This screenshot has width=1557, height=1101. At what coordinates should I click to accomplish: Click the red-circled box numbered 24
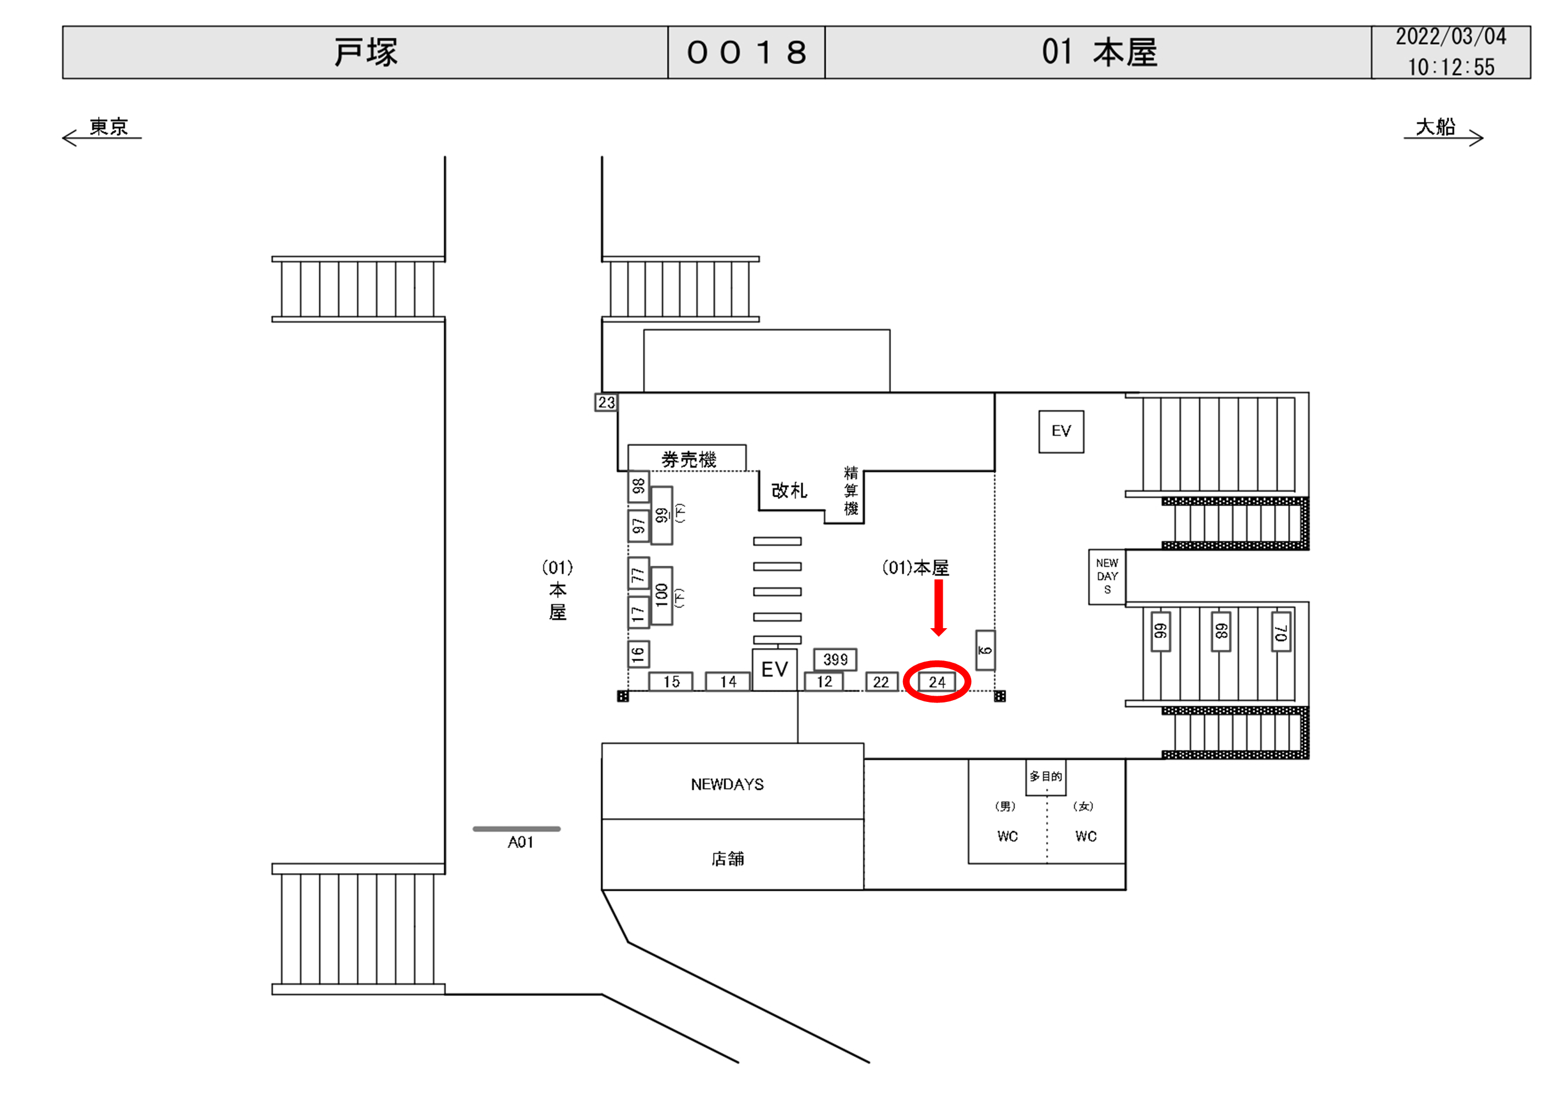936,682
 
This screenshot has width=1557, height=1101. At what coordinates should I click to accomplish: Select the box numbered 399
835,659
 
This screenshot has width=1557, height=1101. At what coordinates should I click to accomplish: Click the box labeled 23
606,403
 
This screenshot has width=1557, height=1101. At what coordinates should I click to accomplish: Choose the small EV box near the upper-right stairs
1061,431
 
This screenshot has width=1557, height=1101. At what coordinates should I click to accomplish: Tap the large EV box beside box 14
774,670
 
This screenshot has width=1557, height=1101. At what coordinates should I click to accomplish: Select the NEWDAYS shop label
727,785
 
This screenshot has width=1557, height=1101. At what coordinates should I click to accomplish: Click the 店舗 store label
727,859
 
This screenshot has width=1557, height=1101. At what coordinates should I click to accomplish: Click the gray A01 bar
516,828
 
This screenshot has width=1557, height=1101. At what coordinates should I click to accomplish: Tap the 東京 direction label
108,127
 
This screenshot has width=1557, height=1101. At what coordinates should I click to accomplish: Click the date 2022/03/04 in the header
1450,37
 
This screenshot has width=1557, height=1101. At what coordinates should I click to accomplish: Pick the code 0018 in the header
746,53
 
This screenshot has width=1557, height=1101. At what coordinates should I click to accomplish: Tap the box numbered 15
670,681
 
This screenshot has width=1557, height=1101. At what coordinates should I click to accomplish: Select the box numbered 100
662,595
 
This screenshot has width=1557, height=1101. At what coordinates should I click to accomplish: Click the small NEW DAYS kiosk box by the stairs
1107,576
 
